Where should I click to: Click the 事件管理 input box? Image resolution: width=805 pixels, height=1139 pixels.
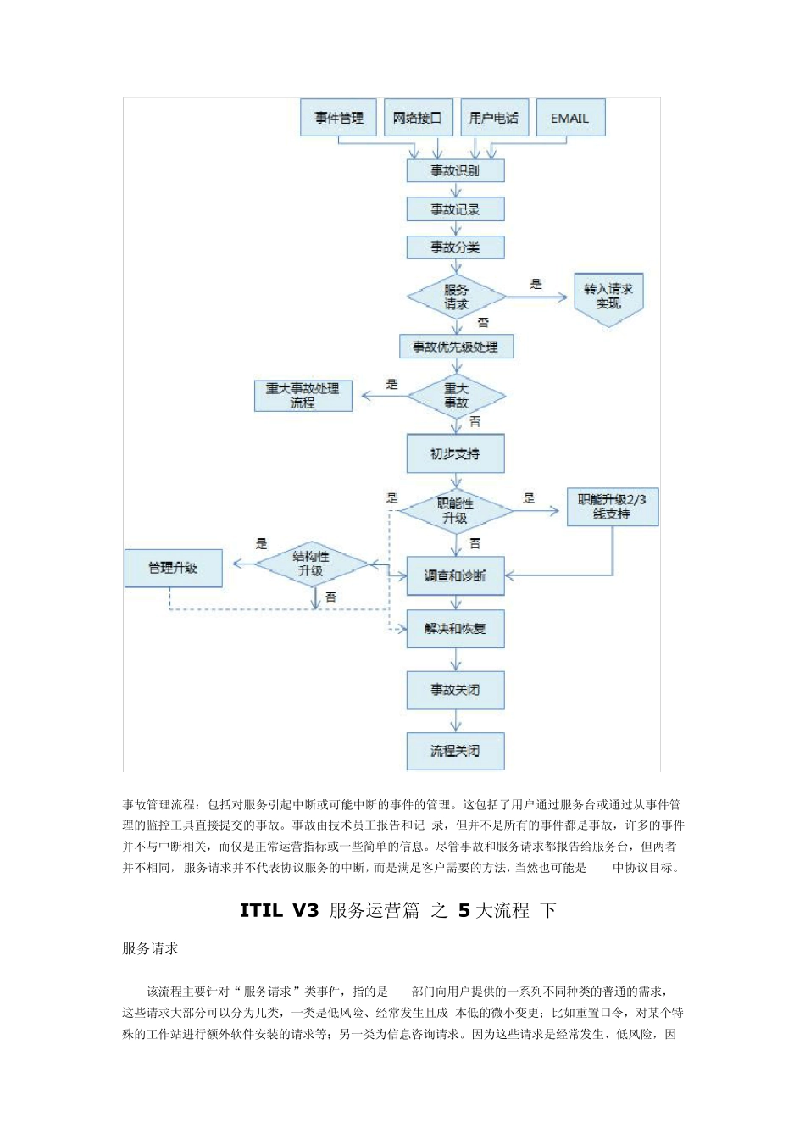click(339, 118)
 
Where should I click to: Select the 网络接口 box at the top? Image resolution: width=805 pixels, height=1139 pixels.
click(418, 118)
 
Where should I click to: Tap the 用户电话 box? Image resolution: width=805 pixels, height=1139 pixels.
click(494, 118)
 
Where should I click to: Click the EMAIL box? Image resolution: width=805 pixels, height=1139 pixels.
click(569, 118)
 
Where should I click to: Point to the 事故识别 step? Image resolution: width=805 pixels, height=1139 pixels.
click(455, 170)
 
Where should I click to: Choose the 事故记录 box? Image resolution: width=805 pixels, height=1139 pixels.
click(455, 209)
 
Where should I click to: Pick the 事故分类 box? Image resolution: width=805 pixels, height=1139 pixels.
click(455, 247)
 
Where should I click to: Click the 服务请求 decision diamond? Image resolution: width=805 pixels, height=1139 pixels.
click(456, 297)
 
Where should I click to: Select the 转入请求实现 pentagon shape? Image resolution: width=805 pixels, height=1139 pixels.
click(608, 297)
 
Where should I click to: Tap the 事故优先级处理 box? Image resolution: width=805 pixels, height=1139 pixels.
click(456, 347)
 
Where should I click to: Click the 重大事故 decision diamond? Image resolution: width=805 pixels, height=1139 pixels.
click(456, 396)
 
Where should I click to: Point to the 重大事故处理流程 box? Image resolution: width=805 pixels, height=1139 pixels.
click(303, 396)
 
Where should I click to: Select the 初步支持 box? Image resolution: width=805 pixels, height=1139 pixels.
click(455, 454)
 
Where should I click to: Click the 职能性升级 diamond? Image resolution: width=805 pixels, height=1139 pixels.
click(455, 511)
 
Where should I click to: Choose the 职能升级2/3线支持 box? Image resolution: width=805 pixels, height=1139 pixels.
click(612, 507)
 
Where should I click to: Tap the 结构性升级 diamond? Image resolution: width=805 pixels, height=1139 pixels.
click(311, 564)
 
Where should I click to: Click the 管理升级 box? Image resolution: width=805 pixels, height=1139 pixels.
click(173, 568)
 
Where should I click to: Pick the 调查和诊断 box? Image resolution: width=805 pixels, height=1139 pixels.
click(455, 576)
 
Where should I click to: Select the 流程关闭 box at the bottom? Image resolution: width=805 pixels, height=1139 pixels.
click(455, 751)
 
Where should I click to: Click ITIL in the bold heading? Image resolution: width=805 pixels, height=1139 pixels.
click(260, 911)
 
